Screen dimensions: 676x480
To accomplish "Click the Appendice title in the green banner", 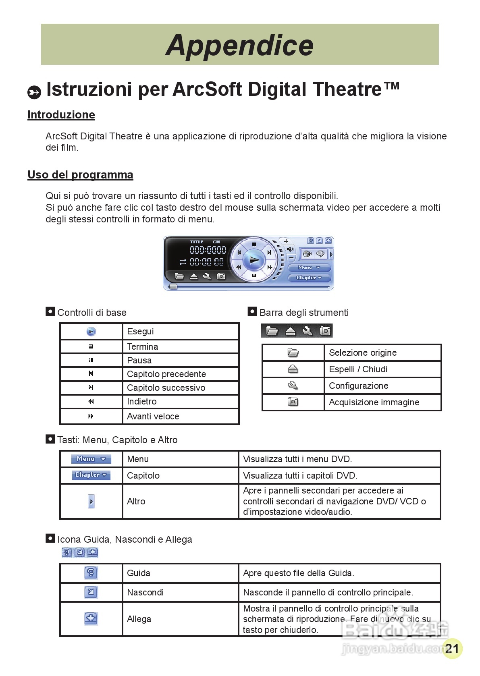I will (239, 45).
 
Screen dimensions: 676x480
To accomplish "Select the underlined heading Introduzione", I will (61, 115).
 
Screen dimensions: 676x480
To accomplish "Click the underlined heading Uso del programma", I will (80, 175).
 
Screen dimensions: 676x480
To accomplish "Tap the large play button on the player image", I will (254, 260).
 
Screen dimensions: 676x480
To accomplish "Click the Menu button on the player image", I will (309, 267).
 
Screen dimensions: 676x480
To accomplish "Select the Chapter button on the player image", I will (309, 278).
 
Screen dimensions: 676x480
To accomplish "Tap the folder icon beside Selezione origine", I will (293, 353).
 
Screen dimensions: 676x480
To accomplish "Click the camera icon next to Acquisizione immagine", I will (293, 402).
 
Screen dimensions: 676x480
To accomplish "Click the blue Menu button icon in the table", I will (91, 459).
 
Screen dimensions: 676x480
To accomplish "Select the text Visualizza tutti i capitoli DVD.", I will (300, 475).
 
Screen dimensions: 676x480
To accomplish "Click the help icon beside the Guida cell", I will (91, 572).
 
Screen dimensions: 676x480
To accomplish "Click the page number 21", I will (452, 648).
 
